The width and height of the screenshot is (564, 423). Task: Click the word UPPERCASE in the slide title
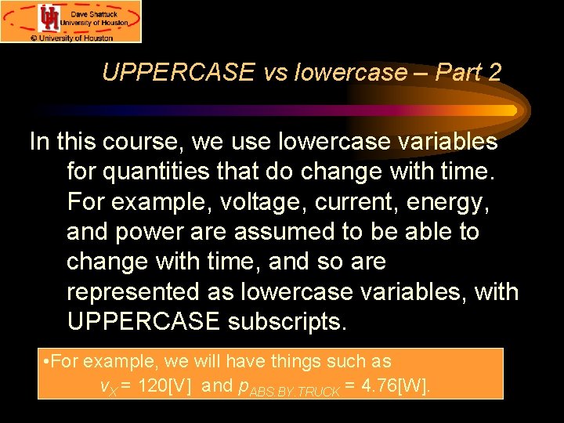click(178, 73)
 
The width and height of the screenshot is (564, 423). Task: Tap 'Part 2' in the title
click(468, 73)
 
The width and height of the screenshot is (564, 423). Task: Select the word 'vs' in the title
click(275, 73)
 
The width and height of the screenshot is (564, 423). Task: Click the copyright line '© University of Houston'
click(71, 36)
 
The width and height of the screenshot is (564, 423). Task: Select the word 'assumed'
click(305, 231)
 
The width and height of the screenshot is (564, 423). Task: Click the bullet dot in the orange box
click(49, 362)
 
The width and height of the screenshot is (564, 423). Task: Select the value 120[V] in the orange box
click(164, 385)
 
